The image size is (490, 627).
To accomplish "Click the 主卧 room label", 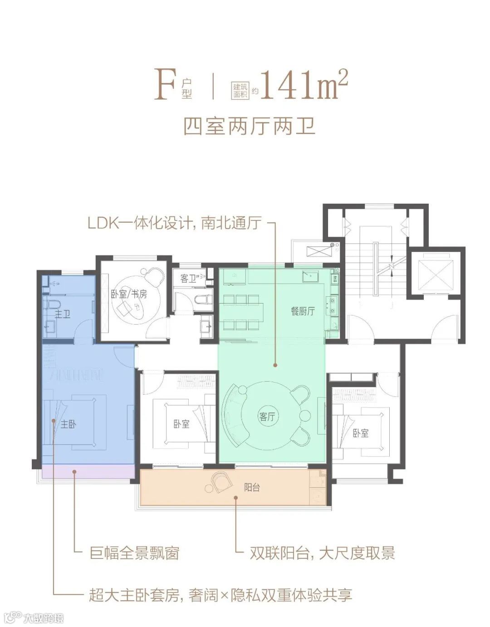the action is [69, 424].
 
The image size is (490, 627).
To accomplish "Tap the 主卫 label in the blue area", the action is [62, 314].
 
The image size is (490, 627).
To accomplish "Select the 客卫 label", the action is [188, 279].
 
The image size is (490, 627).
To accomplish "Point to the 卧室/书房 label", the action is [129, 294].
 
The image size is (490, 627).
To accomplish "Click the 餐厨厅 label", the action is [303, 311].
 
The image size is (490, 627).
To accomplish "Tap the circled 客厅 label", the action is [267, 416].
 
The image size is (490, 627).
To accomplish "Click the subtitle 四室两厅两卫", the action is [249, 127].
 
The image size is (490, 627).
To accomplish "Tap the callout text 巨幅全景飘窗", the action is [134, 553].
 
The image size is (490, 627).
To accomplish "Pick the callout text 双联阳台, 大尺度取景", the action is [322, 553].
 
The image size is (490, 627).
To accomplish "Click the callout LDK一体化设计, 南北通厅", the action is [175, 223].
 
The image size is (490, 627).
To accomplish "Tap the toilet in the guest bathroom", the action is [203, 300].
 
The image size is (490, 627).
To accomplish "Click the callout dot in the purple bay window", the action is [74, 472].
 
